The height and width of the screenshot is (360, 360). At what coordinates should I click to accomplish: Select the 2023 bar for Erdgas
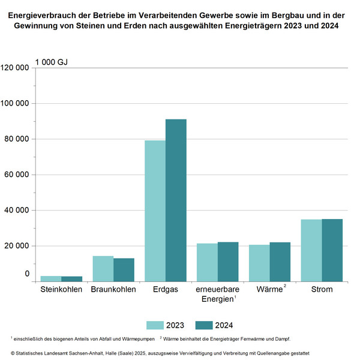155,211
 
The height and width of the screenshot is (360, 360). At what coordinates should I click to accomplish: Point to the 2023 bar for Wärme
259,263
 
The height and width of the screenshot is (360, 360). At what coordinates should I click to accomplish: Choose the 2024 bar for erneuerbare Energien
228,262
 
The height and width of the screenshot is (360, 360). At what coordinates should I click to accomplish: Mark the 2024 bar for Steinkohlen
71,279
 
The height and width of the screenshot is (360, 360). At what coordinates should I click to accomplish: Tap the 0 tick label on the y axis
27,274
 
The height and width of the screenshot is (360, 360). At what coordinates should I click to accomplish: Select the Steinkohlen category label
61,289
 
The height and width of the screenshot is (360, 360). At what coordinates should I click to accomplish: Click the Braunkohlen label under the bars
113,289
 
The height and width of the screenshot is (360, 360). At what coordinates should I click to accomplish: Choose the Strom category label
321,289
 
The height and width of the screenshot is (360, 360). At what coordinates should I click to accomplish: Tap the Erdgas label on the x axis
165,289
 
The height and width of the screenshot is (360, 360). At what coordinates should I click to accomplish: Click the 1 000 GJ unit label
51,62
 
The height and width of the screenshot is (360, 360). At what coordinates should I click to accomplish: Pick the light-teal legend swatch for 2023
155,325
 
